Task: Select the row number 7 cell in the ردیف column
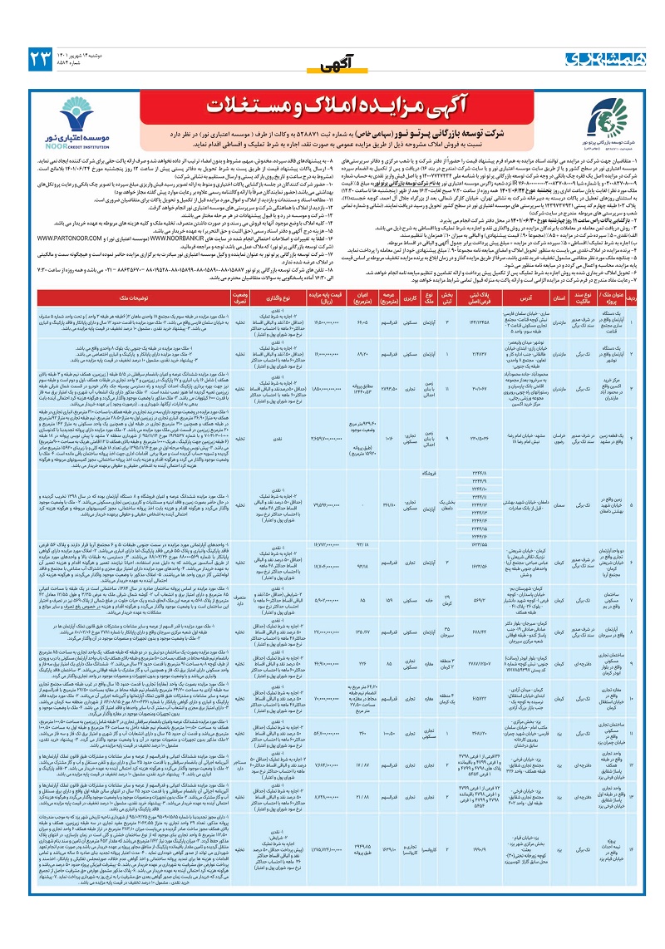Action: (654, 600)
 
